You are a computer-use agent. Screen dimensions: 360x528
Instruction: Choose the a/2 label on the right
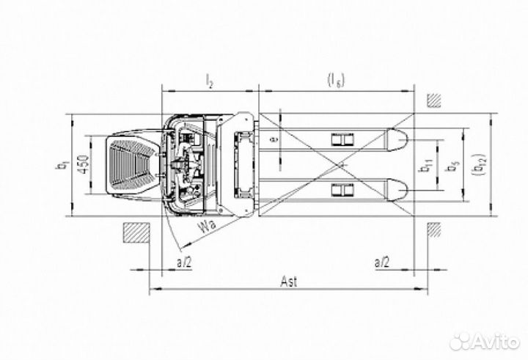pos(383,260)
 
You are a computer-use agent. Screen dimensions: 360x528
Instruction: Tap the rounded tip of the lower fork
pos(398,191)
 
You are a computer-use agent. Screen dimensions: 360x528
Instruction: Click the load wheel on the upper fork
pos(342,139)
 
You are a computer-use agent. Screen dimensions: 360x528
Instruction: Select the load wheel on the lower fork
pos(342,191)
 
